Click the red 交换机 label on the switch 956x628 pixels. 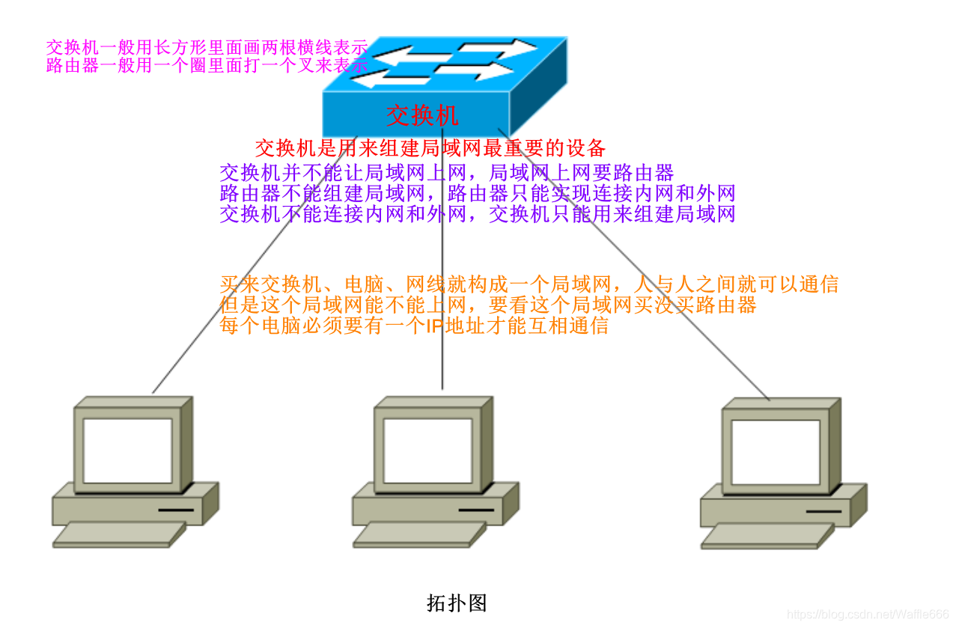pyautogui.click(x=422, y=115)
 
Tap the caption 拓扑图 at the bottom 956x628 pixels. pyautogui.click(x=457, y=603)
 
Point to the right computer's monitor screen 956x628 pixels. pyautogui.click(x=776, y=452)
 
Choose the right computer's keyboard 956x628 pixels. pyautogui.click(x=767, y=536)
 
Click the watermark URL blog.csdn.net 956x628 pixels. pyautogui.click(x=868, y=615)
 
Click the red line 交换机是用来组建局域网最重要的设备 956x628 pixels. pyautogui.click(x=430, y=147)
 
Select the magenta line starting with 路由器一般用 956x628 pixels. pyautogui.click(x=207, y=66)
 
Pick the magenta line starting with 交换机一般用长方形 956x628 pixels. pyautogui.click(x=207, y=47)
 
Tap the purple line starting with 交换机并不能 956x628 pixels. pyautogui.click(x=446, y=174)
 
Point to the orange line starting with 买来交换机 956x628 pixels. pyautogui.click(x=529, y=284)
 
